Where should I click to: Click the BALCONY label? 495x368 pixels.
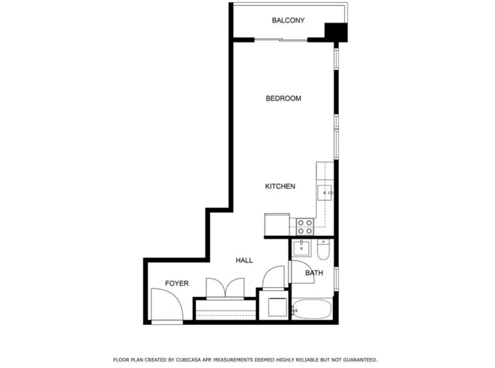point(288,20)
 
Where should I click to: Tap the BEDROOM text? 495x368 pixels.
point(283,98)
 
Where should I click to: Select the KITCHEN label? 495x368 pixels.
point(280,186)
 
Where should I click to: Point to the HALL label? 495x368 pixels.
point(244,260)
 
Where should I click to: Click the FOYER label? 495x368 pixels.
point(177,283)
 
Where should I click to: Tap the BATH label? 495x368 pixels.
point(314,273)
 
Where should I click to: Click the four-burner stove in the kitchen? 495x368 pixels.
point(305,227)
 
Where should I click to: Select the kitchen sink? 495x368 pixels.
point(324,193)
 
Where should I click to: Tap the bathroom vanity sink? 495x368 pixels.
point(301,248)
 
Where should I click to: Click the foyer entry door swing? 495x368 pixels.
point(166,305)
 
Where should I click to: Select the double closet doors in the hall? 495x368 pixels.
point(225,288)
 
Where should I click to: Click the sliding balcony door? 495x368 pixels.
point(280,40)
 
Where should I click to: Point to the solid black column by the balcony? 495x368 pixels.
point(336,32)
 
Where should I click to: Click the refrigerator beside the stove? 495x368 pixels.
point(277,224)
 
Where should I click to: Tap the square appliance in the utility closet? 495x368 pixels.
point(277,307)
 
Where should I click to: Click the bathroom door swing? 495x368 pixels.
point(302,272)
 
